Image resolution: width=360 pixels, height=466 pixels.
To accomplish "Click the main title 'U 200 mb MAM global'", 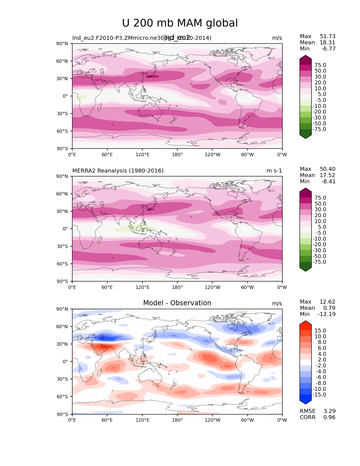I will tap(180, 23).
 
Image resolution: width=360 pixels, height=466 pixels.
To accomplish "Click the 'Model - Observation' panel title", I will tap(177, 303).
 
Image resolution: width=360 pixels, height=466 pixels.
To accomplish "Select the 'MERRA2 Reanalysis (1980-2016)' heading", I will tap(118, 171).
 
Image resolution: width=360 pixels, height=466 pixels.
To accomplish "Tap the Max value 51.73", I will tap(328, 36).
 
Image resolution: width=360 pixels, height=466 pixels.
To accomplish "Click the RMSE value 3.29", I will tap(329, 411).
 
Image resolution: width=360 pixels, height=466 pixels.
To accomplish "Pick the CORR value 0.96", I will tap(329, 417).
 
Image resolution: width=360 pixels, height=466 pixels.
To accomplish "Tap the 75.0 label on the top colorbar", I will tap(320, 65).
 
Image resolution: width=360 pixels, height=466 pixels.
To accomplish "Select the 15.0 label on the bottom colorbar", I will tap(320, 331).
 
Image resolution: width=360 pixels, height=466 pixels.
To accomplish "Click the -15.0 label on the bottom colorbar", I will tap(319, 395).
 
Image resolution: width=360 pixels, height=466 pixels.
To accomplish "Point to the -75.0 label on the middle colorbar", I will tap(319, 262).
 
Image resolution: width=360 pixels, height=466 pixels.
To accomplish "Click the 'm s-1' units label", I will tap(274, 171).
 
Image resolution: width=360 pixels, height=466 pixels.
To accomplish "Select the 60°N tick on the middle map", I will tap(63, 194).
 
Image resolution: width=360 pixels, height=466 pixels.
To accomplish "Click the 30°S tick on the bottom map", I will tap(63, 379).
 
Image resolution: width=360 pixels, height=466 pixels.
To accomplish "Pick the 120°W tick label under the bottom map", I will tap(212, 420).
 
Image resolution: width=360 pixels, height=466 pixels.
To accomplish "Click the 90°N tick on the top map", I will tap(63, 43).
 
